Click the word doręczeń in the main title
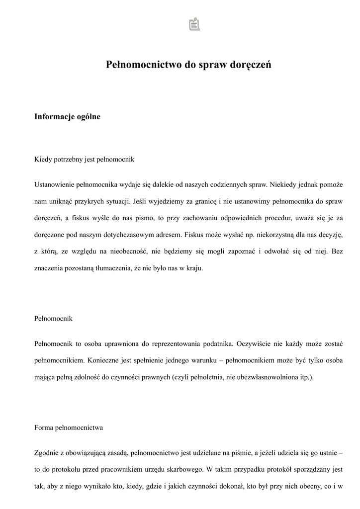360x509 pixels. click(x=251, y=65)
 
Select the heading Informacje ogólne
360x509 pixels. click(x=67, y=117)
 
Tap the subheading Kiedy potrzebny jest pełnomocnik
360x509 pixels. click(x=84, y=160)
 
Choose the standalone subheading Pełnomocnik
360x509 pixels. click(x=53, y=318)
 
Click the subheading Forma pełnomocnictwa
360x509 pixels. click(x=69, y=427)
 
